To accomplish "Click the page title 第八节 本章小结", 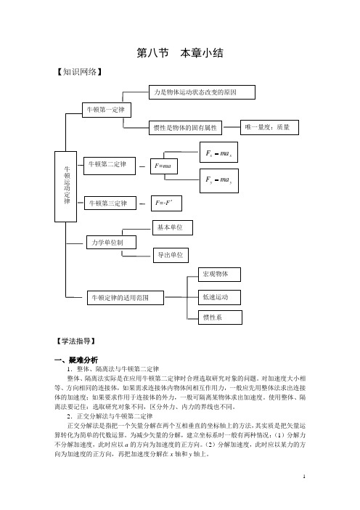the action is [x=180, y=53].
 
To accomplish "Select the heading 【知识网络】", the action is [x=79, y=71].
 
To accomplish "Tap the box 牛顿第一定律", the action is [x=107, y=110].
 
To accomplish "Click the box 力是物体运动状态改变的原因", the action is [x=202, y=92].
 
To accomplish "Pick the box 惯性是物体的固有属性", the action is [x=186, y=128].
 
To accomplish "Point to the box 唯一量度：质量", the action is [x=269, y=127].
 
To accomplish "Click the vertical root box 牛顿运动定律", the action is [x=65, y=187].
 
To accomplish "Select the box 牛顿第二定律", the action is [x=109, y=166].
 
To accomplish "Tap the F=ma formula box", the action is [x=164, y=166].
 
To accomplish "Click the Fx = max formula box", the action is [x=218, y=153].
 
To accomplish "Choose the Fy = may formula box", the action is [x=219, y=181].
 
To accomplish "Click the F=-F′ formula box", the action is [x=166, y=203].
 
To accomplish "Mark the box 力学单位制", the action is [x=111, y=243].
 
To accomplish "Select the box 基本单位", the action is [x=173, y=227].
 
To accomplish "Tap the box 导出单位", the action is [x=171, y=255].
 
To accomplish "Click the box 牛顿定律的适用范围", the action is [x=126, y=298].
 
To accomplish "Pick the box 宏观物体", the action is [x=219, y=275].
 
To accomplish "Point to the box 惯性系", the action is [x=220, y=317].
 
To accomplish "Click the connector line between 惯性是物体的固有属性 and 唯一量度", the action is [x=232, y=127].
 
